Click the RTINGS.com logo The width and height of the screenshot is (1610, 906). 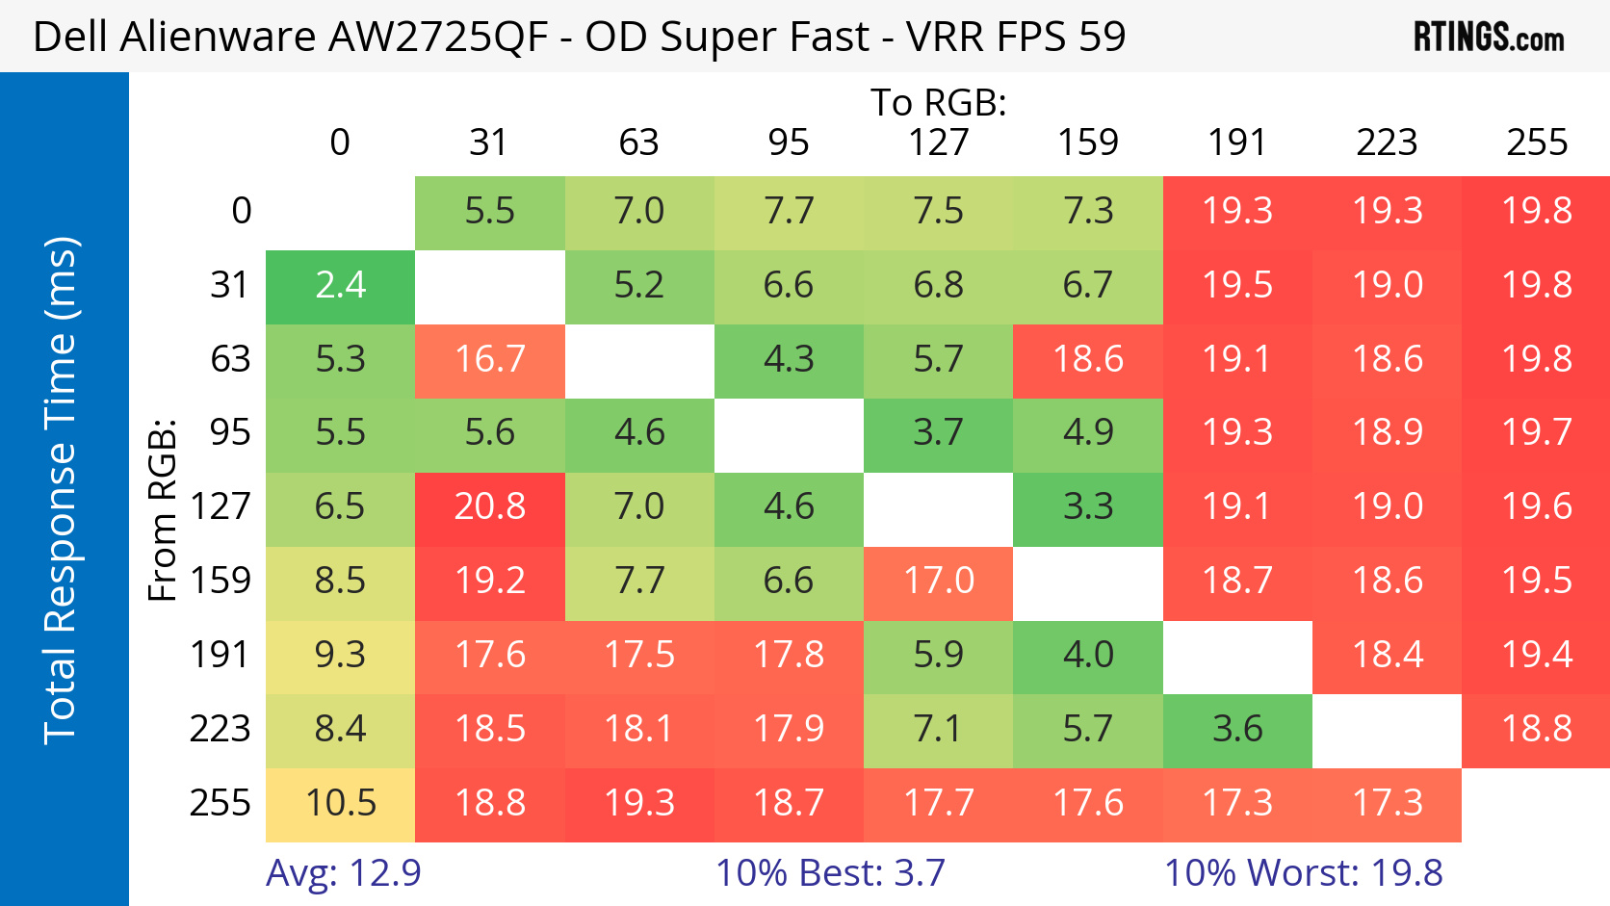(1488, 37)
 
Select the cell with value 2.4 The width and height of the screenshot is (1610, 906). (340, 286)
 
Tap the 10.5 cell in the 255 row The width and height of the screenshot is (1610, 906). (340, 803)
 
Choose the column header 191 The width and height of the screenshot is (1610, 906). (1237, 142)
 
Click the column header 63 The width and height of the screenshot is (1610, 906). (638, 142)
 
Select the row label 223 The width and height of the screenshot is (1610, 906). (220, 729)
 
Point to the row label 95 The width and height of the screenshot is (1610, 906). (230, 432)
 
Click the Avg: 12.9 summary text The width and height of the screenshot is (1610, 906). (344, 873)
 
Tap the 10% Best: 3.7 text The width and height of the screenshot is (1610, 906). (830, 873)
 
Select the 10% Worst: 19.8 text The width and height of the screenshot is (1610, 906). (1303, 873)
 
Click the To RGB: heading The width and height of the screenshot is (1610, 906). (938, 102)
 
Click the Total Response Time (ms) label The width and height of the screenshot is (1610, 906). (60, 489)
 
